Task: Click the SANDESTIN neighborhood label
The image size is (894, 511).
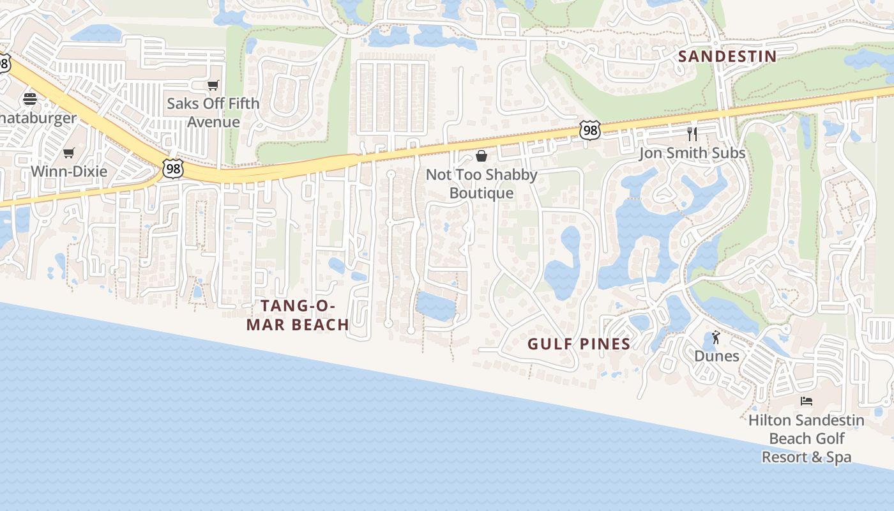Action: [727, 56]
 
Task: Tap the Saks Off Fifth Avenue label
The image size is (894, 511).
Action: [213, 112]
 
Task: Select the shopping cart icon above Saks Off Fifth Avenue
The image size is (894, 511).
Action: [213, 86]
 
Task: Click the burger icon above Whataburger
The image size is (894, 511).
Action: [30, 99]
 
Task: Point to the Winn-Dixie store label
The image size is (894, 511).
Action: [69, 171]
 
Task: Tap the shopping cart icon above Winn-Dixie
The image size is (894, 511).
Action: [69, 153]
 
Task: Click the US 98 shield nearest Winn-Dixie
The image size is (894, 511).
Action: [172, 169]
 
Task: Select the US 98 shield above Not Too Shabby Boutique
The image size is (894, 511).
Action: [590, 130]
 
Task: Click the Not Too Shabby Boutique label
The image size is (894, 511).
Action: [481, 183]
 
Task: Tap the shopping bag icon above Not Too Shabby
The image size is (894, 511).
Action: [481, 156]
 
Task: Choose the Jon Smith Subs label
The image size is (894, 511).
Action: [692, 153]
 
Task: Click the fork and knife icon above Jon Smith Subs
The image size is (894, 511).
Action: [692, 133]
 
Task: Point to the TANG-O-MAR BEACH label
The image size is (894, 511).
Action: [298, 316]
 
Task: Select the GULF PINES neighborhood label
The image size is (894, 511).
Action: [579, 344]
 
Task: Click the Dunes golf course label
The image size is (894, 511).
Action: [716, 356]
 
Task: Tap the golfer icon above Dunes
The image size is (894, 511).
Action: [716, 337]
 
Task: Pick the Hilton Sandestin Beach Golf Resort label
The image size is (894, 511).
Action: [807, 439]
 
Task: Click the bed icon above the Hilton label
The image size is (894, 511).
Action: [807, 401]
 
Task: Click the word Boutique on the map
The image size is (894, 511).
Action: [481, 193]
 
